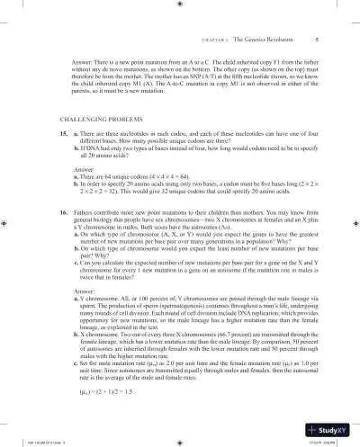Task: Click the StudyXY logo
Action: coord(332,428)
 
